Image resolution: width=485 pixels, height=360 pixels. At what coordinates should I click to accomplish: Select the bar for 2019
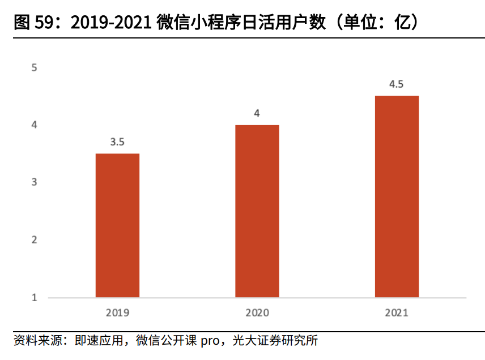click(117, 225)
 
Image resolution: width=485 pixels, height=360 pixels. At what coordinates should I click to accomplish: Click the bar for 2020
click(257, 211)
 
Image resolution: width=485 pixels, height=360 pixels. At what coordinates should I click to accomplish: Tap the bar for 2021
click(397, 196)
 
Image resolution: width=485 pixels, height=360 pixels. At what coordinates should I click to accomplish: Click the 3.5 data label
click(117, 142)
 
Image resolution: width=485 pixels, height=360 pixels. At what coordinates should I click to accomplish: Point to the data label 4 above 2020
click(257, 113)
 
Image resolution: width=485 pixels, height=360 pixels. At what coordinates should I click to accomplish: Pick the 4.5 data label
click(397, 84)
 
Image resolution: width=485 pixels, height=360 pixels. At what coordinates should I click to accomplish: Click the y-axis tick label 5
click(34, 67)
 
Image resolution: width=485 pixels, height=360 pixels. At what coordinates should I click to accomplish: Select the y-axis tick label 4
click(34, 125)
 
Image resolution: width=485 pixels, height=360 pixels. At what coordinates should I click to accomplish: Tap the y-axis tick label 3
click(34, 182)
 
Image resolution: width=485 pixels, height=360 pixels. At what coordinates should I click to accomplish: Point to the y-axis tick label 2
click(34, 239)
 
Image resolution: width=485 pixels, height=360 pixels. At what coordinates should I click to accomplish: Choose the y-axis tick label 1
click(34, 297)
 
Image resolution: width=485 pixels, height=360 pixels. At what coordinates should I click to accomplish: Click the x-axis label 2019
click(117, 312)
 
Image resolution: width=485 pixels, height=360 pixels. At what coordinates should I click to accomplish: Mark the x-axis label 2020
click(257, 312)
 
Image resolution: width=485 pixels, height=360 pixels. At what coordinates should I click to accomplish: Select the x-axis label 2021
click(397, 312)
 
